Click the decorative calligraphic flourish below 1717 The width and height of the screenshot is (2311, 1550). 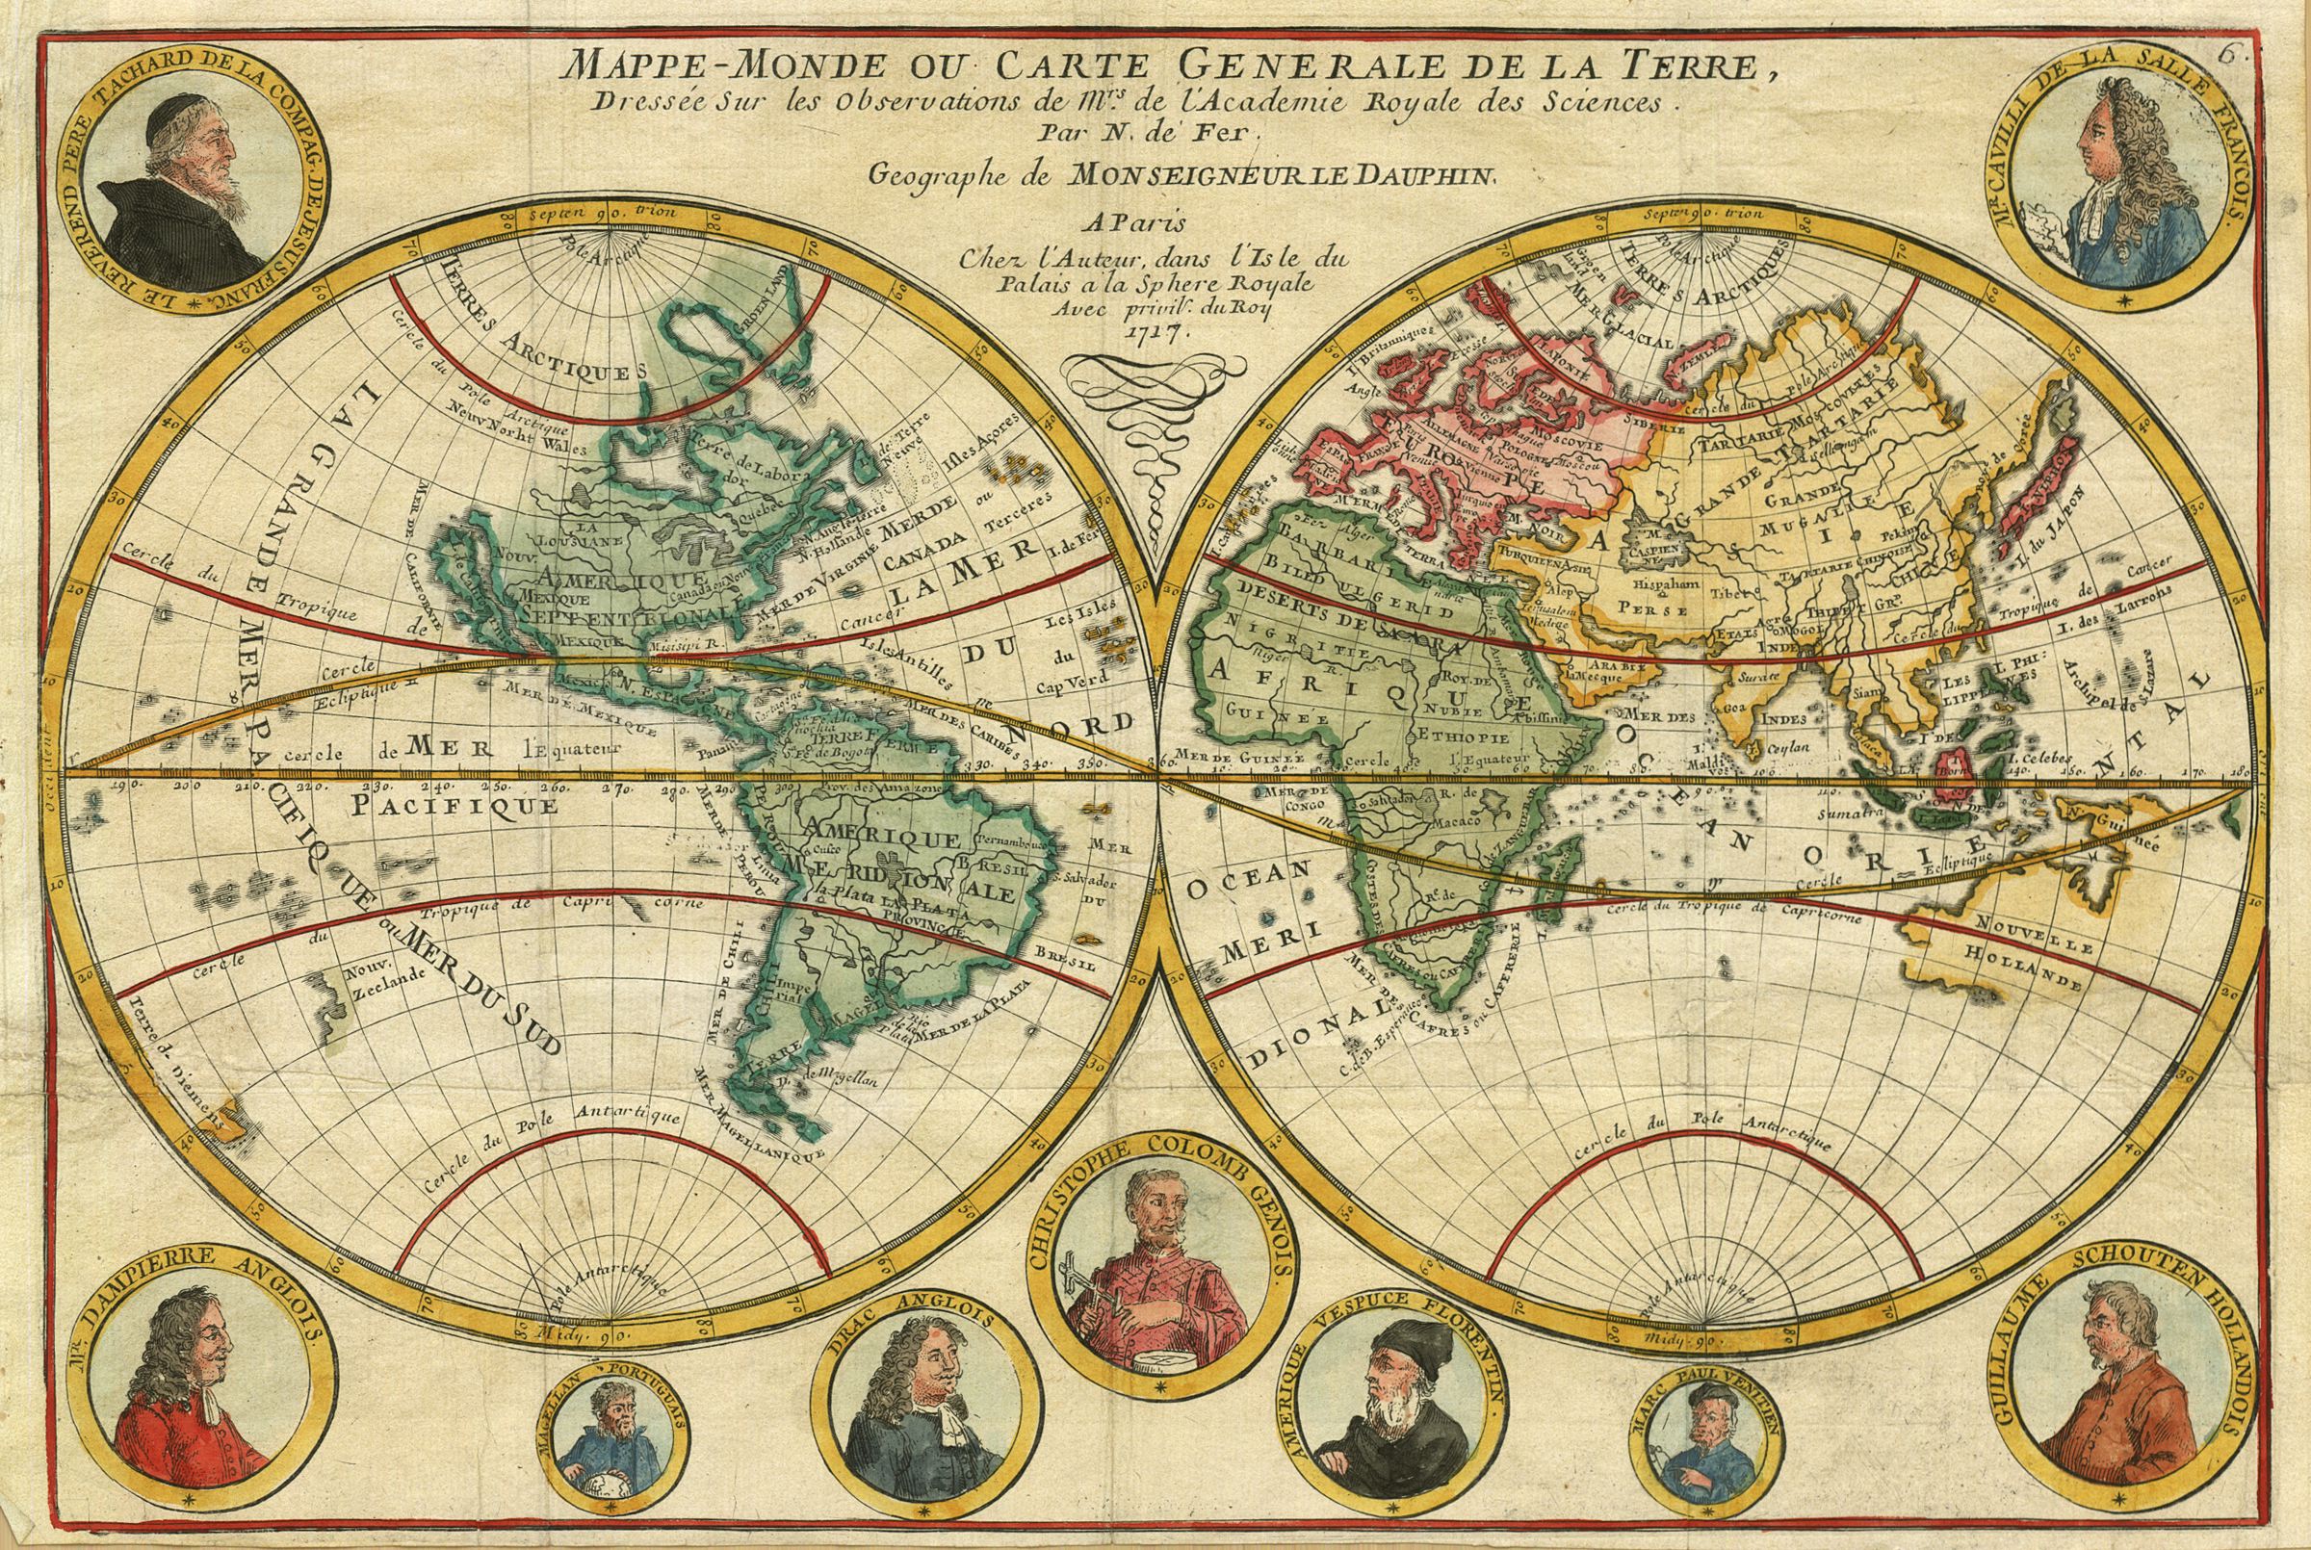point(1147,426)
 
